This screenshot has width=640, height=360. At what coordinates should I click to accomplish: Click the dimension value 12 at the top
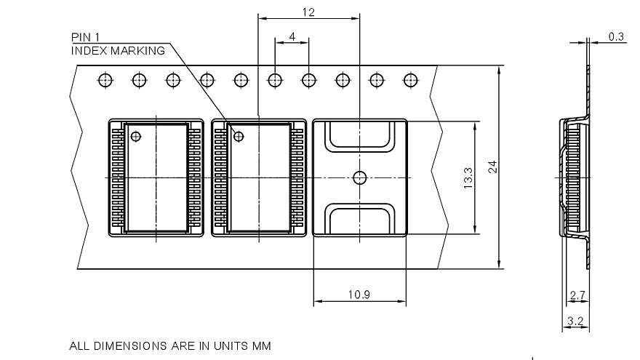click(309, 12)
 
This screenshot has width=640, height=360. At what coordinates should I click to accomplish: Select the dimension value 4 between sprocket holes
click(292, 36)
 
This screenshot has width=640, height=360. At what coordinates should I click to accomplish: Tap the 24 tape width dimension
click(493, 167)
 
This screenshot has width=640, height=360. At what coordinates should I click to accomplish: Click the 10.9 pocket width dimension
click(359, 294)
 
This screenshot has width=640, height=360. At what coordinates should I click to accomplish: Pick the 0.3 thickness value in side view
click(616, 37)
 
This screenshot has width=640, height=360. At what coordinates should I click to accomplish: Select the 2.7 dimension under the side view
click(577, 295)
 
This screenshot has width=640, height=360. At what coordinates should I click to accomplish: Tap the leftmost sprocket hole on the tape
click(105, 79)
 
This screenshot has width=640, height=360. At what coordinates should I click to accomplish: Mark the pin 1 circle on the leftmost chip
click(136, 136)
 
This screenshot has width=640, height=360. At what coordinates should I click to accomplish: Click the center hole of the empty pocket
click(359, 177)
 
